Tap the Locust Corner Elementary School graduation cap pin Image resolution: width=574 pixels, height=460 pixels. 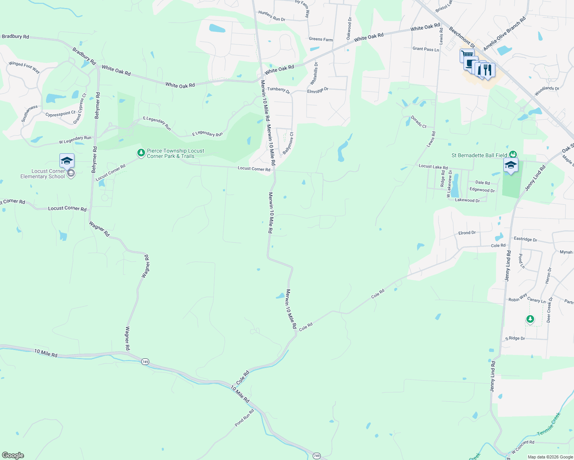tap(67, 161)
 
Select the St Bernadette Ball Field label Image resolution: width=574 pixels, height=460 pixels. tap(479, 155)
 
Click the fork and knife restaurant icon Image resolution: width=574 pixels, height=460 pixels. tap(487, 70)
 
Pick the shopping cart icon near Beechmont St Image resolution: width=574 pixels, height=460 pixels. tap(467, 55)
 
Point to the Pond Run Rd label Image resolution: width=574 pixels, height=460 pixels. tap(244, 418)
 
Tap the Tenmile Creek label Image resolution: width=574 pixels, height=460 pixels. tap(549, 424)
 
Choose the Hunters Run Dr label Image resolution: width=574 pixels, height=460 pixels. tap(272, 16)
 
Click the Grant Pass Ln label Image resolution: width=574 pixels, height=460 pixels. tap(426, 49)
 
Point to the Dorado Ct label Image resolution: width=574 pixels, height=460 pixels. tap(419, 122)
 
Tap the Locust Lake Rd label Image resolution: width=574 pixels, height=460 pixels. tap(433, 167)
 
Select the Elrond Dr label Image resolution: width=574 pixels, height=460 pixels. tap(467, 233)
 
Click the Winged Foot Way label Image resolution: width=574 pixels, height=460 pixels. tap(24, 67)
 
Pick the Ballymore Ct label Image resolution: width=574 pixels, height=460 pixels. tap(288, 143)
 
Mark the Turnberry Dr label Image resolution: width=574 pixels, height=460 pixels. tap(279, 90)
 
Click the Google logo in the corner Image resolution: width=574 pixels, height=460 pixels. tap(13, 455)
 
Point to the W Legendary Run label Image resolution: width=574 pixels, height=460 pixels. tap(75, 140)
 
